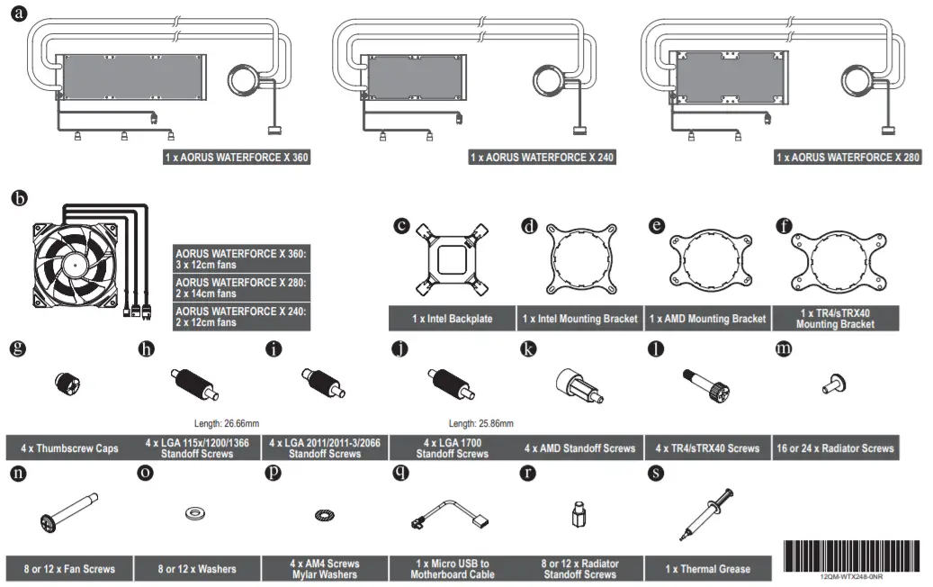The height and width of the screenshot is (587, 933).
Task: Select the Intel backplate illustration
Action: (x=452, y=259)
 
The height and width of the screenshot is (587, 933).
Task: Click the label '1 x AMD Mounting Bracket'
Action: (x=707, y=319)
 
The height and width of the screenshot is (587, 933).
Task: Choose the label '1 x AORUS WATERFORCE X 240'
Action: (x=543, y=158)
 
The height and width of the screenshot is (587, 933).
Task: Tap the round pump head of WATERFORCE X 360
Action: (x=243, y=78)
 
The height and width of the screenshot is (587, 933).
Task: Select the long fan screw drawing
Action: (x=69, y=512)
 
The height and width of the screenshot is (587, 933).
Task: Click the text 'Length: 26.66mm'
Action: (x=227, y=422)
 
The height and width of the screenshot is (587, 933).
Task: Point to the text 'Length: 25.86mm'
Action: (x=481, y=422)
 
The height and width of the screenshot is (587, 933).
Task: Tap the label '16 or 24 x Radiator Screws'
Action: (x=835, y=447)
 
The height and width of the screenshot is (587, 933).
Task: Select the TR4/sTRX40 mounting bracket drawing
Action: (x=834, y=258)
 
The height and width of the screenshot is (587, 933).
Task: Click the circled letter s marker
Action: (x=656, y=471)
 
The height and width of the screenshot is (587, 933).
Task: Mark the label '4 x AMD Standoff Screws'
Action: (x=579, y=447)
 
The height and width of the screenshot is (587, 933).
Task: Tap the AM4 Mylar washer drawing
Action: (x=323, y=515)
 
